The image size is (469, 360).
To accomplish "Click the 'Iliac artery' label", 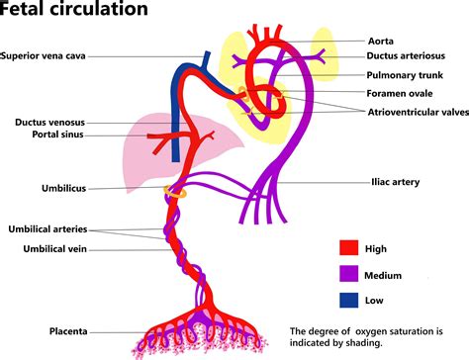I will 393,182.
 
